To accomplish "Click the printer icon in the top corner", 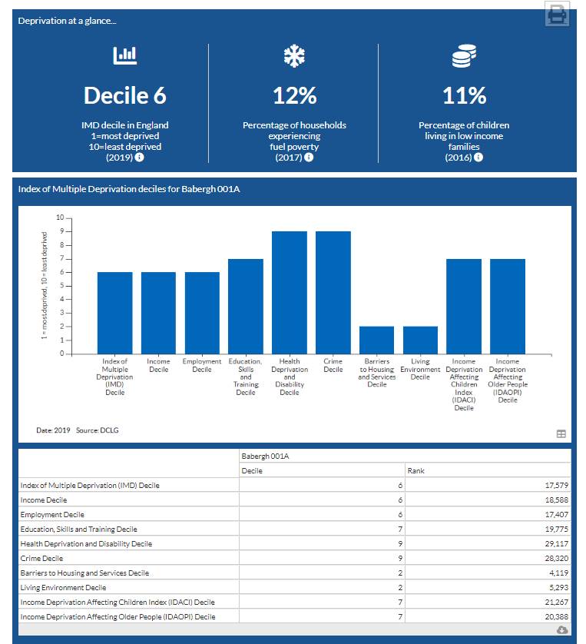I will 557,14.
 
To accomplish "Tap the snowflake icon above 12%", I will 294,55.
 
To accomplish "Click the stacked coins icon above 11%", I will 464,55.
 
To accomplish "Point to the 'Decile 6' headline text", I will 125,95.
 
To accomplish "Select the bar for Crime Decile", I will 333,292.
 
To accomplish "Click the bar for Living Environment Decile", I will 420,340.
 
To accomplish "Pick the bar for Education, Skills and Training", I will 246,306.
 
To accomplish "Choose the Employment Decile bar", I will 202,313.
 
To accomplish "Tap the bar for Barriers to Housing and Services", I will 376,340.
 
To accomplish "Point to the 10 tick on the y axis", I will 60,218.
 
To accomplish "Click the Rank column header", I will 415,470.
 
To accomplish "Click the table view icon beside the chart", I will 561,433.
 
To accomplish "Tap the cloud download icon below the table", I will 561,629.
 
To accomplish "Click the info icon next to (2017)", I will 309,158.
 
